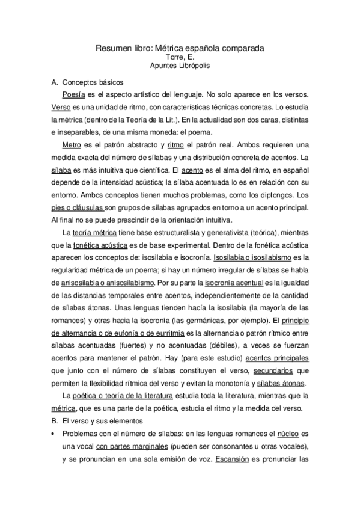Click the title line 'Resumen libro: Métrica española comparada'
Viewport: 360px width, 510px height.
point(181,47)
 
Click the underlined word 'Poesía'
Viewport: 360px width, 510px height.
point(74,94)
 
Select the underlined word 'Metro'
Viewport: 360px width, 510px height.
point(72,145)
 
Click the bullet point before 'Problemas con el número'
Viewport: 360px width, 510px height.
point(55,434)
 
